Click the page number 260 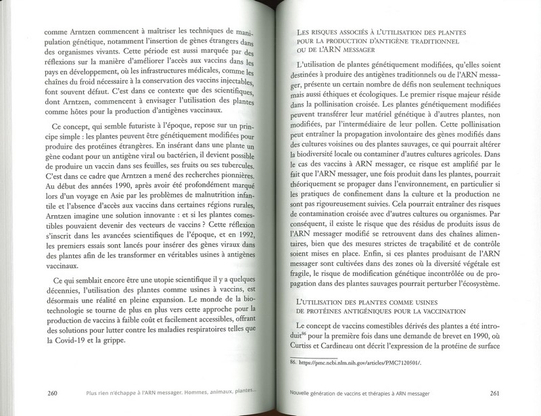(x=48, y=392)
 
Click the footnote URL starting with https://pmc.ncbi (x=361, y=363)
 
